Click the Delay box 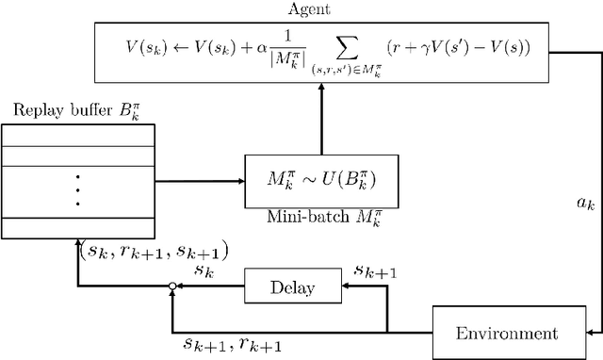click(x=291, y=286)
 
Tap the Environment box click(x=506, y=333)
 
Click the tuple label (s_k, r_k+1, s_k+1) click(x=153, y=252)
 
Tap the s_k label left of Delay click(x=204, y=270)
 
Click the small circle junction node click(x=171, y=286)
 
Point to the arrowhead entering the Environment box click(x=590, y=333)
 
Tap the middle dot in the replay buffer click(x=76, y=189)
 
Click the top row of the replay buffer click(x=76, y=136)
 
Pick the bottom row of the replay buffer click(x=76, y=228)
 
